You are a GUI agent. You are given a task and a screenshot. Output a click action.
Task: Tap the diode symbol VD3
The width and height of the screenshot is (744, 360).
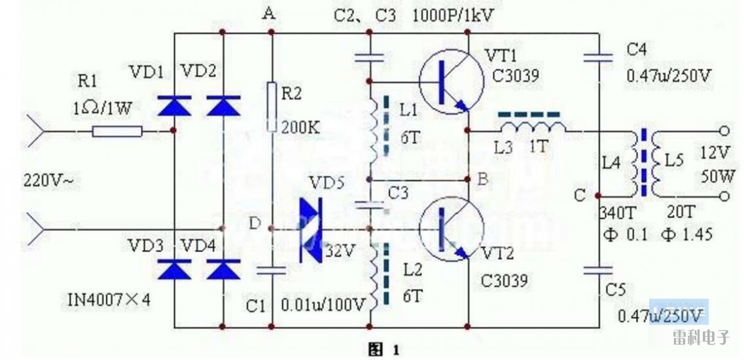point(173,269)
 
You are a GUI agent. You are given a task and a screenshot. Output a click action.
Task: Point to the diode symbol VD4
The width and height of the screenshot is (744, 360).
point(223,269)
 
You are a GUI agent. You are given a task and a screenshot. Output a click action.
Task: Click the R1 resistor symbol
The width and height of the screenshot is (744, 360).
point(116,132)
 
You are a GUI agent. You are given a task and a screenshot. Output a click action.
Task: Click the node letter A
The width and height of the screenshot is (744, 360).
point(268,13)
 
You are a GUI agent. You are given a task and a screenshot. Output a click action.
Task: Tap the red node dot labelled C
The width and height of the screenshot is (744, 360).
point(597,195)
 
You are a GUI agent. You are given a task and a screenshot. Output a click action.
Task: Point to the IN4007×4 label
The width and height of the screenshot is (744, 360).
point(109,300)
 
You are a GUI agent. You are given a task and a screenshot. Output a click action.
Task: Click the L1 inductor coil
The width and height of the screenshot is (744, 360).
point(372,128)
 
